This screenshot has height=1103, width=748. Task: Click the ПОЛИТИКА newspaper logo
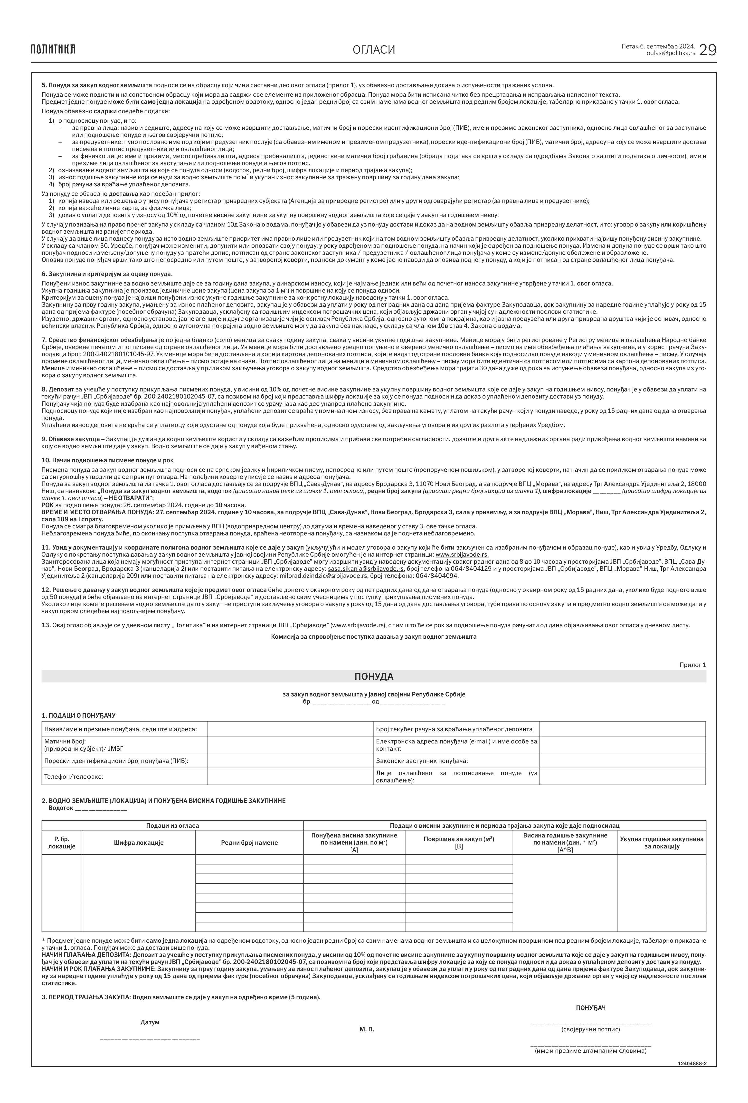tap(53, 49)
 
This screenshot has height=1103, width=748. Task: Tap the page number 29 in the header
tap(708, 49)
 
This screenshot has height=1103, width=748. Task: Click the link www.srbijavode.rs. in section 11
tap(462, 554)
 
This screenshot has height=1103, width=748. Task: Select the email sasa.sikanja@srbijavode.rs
tap(366, 569)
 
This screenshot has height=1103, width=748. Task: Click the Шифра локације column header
tap(139, 842)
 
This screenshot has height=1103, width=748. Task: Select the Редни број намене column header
tap(249, 842)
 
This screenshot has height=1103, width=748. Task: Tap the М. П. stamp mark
tap(366, 1029)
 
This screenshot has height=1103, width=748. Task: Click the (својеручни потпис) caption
tap(590, 1029)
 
